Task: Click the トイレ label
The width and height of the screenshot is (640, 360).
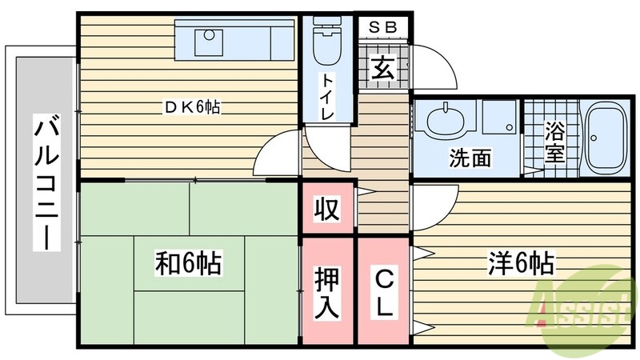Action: click(x=328, y=96)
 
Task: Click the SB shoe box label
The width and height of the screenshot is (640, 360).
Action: click(x=382, y=26)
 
